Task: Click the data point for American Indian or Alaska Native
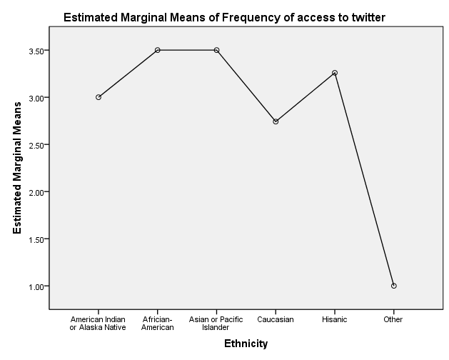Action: click(x=99, y=97)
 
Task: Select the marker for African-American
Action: click(x=157, y=50)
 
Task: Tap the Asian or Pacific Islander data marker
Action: click(x=216, y=50)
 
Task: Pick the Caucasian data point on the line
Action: click(x=276, y=121)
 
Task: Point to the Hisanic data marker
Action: click(x=335, y=73)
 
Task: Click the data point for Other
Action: click(x=394, y=286)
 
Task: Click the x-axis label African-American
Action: click(x=157, y=323)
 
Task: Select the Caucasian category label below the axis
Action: click(x=276, y=319)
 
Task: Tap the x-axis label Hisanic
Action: click(x=335, y=319)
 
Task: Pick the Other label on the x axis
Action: click(x=394, y=319)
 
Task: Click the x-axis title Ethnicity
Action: click(x=246, y=344)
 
